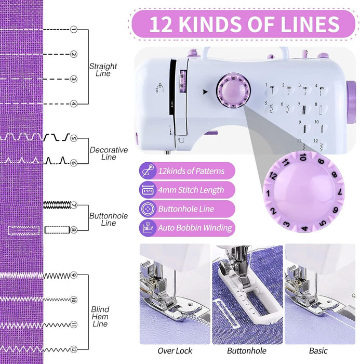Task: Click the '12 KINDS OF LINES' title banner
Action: tap(244, 24)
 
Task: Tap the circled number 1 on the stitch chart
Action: tap(73, 30)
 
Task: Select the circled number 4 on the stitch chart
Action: tap(73, 103)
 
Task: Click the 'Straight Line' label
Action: tap(103, 70)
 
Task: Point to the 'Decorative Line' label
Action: tap(109, 153)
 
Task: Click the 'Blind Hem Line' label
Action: tap(100, 317)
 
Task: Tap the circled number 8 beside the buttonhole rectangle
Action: tap(73, 229)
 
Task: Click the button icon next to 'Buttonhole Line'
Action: tap(147, 209)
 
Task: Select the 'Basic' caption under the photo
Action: tap(318, 351)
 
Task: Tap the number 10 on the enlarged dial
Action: tap(303, 157)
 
